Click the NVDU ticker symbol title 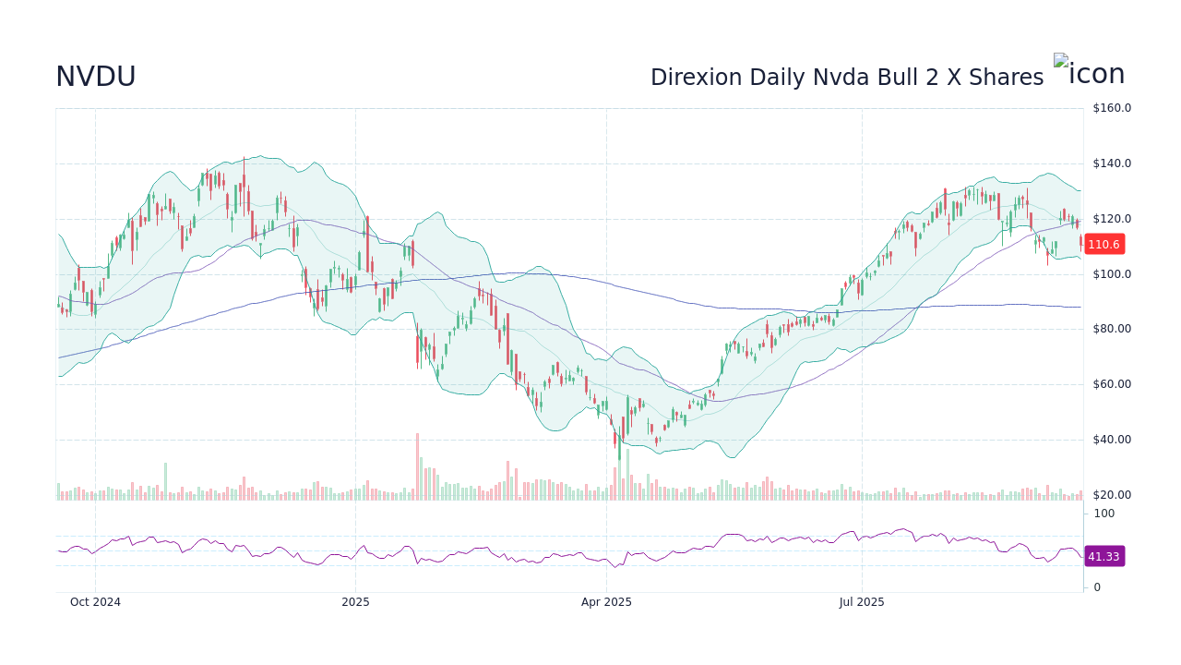(96, 77)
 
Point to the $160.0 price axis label (1112, 108)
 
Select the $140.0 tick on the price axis (1112, 163)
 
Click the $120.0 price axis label (1112, 219)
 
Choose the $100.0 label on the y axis (1112, 274)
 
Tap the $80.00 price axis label (1112, 329)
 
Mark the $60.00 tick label (1112, 384)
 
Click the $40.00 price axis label (1112, 440)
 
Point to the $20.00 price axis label (1112, 495)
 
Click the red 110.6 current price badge (1103, 245)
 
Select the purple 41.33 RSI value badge (1103, 556)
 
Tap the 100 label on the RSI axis (1103, 514)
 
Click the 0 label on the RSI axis (1097, 587)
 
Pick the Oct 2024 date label (95, 602)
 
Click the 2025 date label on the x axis (355, 602)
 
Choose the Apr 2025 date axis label (606, 602)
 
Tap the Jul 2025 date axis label (862, 602)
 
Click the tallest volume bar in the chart (417, 467)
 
